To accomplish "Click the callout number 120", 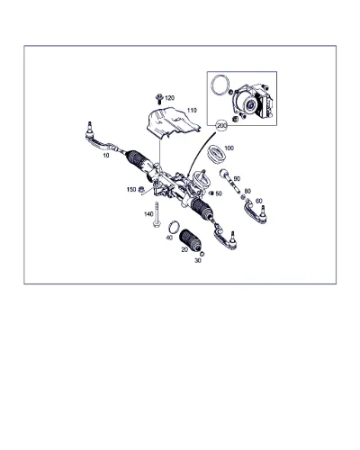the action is pyautogui.click(x=169, y=98).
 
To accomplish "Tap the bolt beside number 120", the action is pyautogui.click(x=159, y=99).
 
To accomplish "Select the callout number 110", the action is pyautogui.click(x=192, y=111).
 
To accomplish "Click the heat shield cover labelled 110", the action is pyautogui.click(x=172, y=122).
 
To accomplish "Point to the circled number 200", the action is pyautogui.click(x=222, y=126).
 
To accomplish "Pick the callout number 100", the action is pyautogui.click(x=229, y=148).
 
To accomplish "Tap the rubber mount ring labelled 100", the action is pyautogui.click(x=216, y=154).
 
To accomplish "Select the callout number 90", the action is pyautogui.click(x=237, y=179).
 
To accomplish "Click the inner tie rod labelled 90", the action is pyautogui.click(x=229, y=182).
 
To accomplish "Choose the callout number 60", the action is pyautogui.click(x=258, y=201).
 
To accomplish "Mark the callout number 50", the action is pyautogui.click(x=219, y=193).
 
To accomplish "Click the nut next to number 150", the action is pyautogui.click(x=141, y=189).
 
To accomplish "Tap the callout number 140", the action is pyautogui.click(x=148, y=214).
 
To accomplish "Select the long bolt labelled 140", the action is pyautogui.click(x=157, y=215).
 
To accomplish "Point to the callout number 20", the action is pyautogui.click(x=184, y=249).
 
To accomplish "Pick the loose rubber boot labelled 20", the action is pyautogui.click(x=190, y=241).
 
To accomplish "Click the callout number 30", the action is pyautogui.click(x=198, y=261).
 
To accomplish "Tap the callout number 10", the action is pyautogui.click(x=106, y=156).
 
